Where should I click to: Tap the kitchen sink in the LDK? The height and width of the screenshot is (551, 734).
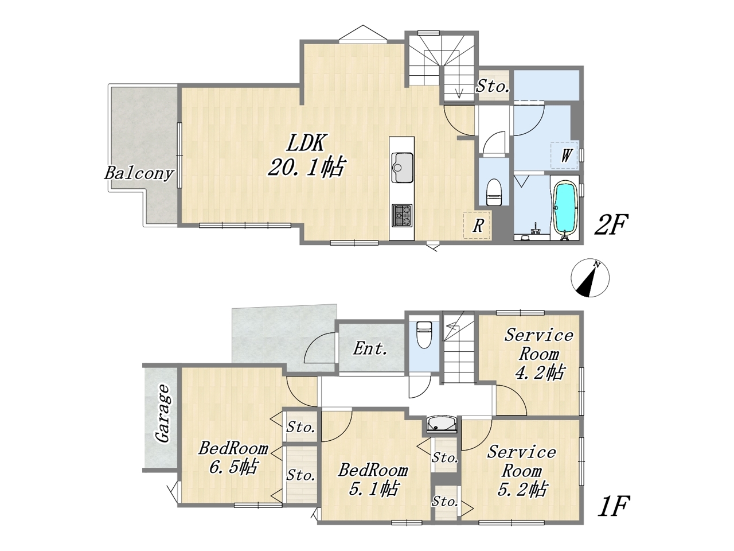[x=402, y=167]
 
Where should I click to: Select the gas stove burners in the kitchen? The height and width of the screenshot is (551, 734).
[x=402, y=216]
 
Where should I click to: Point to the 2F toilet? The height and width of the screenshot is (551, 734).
[x=494, y=192]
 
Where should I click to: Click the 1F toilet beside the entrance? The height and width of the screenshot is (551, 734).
[x=424, y=335]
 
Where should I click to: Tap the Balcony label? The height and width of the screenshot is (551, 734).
[x=139, y=173]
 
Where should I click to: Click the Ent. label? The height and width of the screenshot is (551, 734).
[x=370, y=348]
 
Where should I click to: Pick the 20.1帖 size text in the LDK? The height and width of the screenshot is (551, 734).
[x=306, y=166]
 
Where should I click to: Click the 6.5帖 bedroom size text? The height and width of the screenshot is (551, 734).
[x=233, y=467]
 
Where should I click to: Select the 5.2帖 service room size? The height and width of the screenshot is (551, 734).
[x=522, y=489]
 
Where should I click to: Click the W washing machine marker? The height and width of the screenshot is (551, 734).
[x=565, y=155]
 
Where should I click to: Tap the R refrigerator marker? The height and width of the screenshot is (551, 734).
[x=478, y=226]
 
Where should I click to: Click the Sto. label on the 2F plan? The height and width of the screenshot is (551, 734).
[x=493, y=86]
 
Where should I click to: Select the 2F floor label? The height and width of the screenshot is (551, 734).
[x=611, y=224]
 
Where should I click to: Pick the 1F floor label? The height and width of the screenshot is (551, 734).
[x=614, y=506]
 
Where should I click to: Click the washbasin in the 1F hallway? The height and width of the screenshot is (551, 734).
[x=442, y=424]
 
